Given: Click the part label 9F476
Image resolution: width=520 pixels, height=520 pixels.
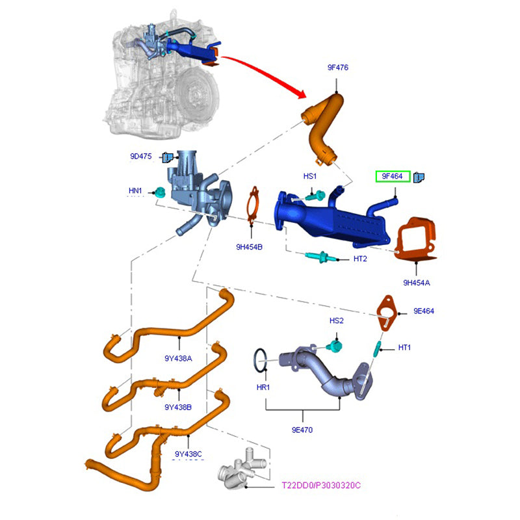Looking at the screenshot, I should (337, 67).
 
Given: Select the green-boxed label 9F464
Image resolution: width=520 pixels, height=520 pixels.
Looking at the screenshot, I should (393, 176).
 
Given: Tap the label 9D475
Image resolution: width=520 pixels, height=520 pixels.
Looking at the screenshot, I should (140, 157).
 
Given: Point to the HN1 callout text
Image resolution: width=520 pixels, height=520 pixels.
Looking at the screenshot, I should (135, 190).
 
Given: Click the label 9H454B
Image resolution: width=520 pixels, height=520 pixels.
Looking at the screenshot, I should (249, 247).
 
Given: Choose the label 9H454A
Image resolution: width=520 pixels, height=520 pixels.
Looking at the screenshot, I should (417, 283).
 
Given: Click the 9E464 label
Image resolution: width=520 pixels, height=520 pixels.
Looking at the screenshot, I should (424, 311).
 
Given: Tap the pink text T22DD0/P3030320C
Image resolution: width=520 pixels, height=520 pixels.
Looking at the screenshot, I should (320, 486).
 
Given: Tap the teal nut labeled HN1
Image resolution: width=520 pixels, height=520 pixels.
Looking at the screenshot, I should (159, 192).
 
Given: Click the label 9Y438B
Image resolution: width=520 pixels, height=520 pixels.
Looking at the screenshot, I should (178, 407).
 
